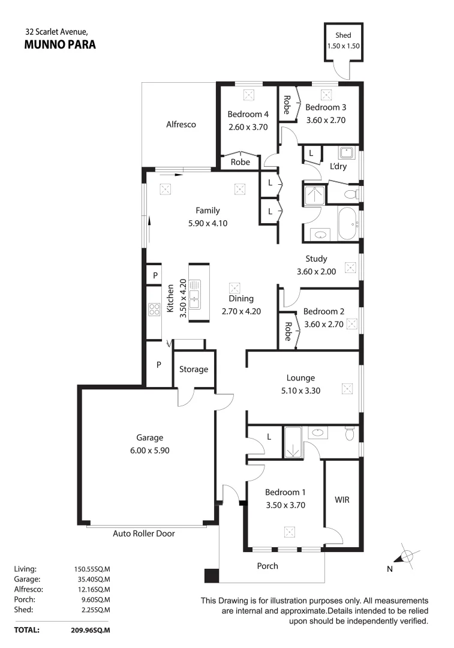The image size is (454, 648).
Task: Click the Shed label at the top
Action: coord(344,36)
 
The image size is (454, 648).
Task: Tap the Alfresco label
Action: coord(181,125)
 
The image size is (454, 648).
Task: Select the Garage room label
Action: coord(149,438)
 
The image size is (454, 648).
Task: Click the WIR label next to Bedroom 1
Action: coord(342,499)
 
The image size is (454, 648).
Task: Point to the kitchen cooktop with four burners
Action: coord(154,310)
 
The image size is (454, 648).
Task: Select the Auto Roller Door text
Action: coord(144,533)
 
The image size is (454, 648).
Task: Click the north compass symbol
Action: coord(405,557)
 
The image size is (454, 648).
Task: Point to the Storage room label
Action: coord(194,369)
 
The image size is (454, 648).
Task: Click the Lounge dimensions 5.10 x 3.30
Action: coord(300,389)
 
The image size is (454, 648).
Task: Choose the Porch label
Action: coord(267,566)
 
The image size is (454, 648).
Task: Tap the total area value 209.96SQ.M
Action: coord(91,631)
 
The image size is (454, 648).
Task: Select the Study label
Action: coord(316,259)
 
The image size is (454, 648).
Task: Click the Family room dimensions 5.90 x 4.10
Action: coord(208,223)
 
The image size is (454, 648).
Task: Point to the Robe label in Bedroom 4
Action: coord(240,162)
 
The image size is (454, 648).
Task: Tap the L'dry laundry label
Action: coord(339,166)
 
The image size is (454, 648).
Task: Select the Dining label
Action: coord(241,299)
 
